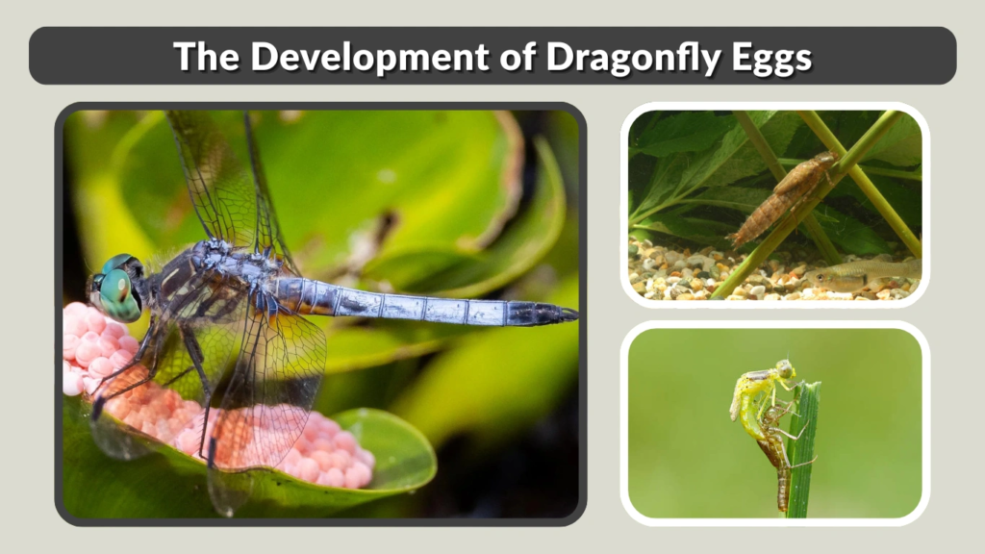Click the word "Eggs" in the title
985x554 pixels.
click(x=774, y=57)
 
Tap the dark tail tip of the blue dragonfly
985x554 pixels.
click(x=548, y=313)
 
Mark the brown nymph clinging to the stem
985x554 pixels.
click(x=781, y=197)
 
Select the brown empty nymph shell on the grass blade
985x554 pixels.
click(x=774, y=452)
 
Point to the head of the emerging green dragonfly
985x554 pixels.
click(x=785, y=368)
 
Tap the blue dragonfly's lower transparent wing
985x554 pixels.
click(x=269, y=385)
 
